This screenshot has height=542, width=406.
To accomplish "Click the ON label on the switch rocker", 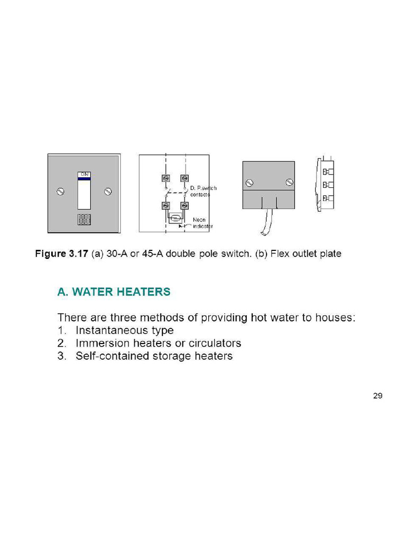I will [85, 174].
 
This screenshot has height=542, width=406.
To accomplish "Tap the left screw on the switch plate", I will [60, 191].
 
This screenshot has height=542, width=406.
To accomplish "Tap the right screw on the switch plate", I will [108, 191].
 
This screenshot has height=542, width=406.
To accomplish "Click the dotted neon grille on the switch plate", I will [85, 220].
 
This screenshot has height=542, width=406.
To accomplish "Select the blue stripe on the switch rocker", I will [85, 179].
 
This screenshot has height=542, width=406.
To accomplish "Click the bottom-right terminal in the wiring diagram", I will [184, 205].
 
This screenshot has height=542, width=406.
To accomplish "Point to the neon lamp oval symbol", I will [175, 217].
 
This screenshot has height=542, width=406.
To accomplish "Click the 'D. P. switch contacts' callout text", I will [202, 191].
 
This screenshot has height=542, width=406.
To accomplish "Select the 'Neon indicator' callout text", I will [202, 223].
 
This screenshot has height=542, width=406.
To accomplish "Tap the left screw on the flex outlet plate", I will [250, 183].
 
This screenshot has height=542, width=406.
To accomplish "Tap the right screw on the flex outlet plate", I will [289, 182].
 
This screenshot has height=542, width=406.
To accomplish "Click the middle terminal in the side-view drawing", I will [326, 185].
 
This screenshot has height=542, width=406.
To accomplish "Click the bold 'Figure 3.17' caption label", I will [62, 254].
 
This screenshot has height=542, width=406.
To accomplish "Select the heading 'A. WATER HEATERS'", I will [114, 292].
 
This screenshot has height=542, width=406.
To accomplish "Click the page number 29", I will [377, 395].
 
